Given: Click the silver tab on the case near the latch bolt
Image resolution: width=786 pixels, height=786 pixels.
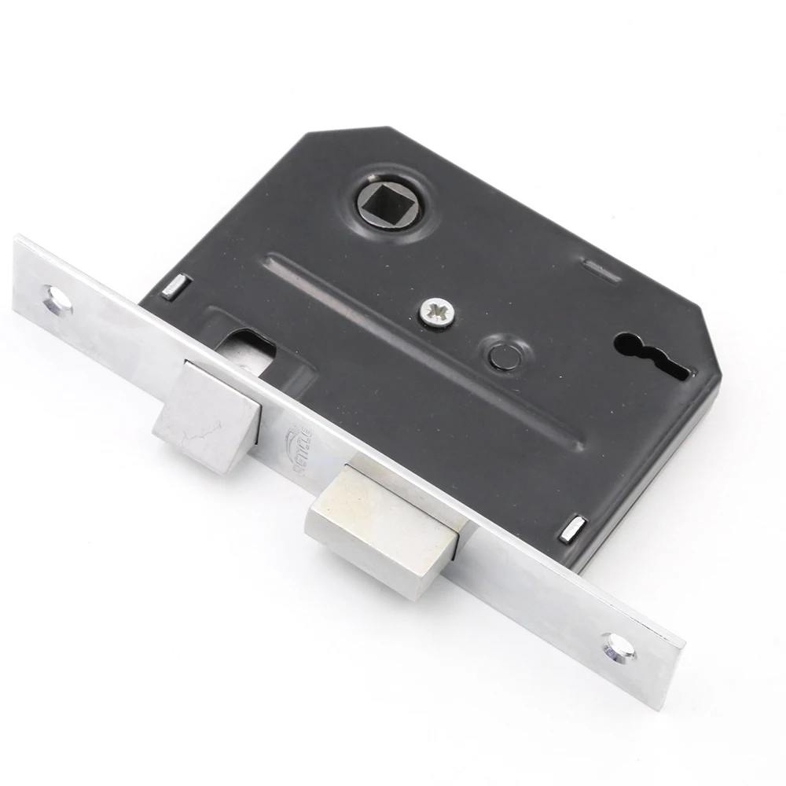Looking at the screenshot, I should (174, 286).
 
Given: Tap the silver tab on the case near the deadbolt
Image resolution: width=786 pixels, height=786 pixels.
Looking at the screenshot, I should (572, 529).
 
